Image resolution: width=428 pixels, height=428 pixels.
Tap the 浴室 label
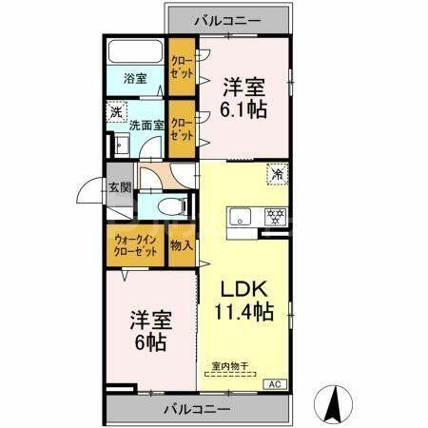[134, 79]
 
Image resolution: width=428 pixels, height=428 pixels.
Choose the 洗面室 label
[147, 124]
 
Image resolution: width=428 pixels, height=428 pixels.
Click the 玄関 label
[119, 188]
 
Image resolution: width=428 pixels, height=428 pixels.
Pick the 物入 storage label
[182, 245]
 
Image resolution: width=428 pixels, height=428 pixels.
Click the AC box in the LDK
[274, 383]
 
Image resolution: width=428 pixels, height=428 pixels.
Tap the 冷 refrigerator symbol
[278, 175]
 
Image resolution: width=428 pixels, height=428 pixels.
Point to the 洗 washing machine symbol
[114, 110]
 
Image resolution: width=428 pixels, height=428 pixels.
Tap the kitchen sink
[240, 215]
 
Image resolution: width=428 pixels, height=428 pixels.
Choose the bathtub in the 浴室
[135, 52]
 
